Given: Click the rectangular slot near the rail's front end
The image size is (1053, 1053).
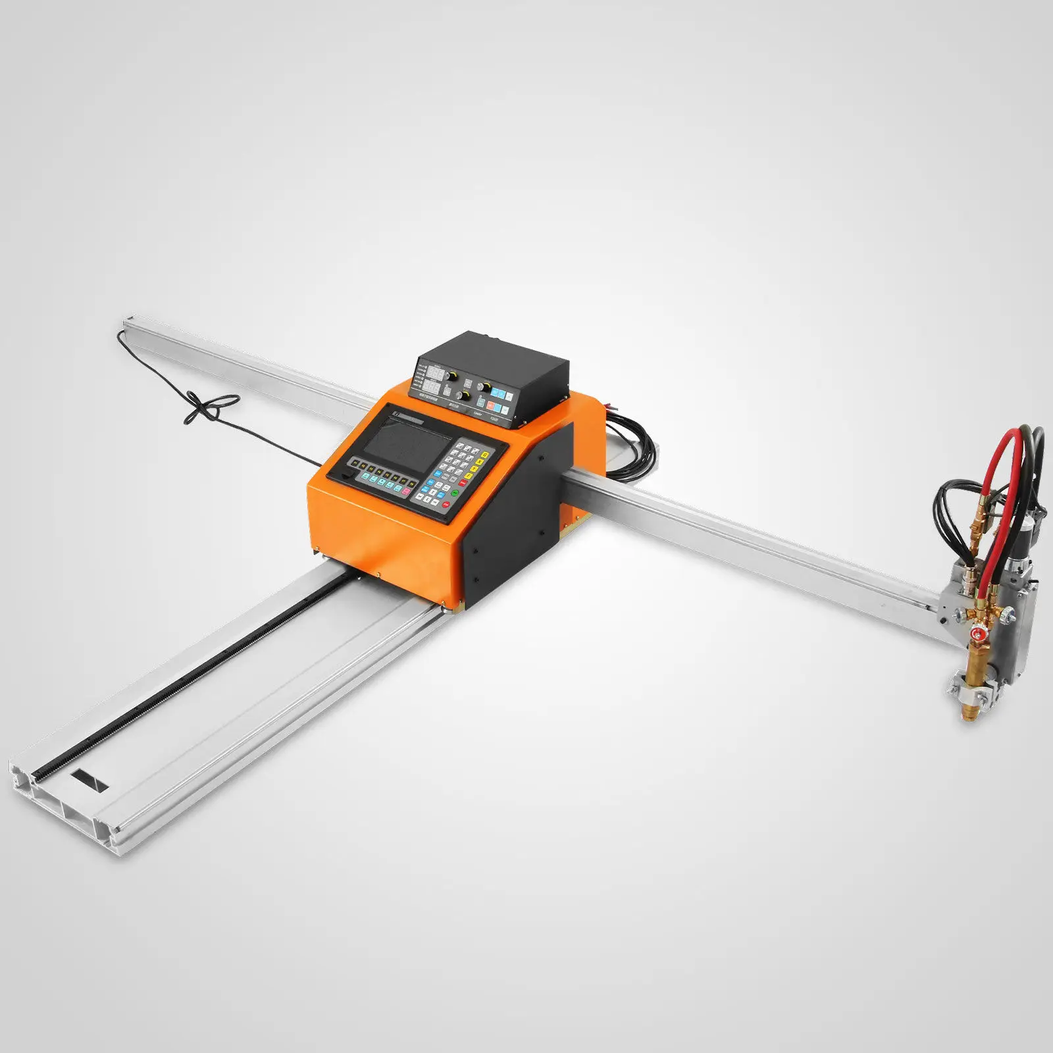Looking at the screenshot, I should (89, 779).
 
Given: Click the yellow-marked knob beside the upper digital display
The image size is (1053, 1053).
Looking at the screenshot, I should (452, 375).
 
